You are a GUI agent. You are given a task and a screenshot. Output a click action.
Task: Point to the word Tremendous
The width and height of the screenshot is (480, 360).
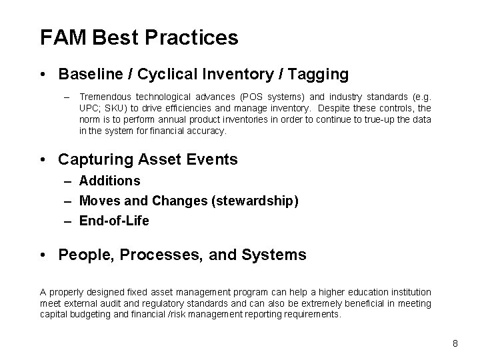[106, 97]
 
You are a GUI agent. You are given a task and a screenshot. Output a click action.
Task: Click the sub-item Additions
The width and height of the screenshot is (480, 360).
[109, 181]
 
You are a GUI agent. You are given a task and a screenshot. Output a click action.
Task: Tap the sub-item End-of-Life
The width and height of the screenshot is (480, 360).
[114, 221]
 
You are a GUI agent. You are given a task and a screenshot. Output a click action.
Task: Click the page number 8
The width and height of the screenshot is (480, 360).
[455, 343]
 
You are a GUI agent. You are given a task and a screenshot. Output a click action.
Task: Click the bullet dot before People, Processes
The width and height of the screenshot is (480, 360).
[43, 255]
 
